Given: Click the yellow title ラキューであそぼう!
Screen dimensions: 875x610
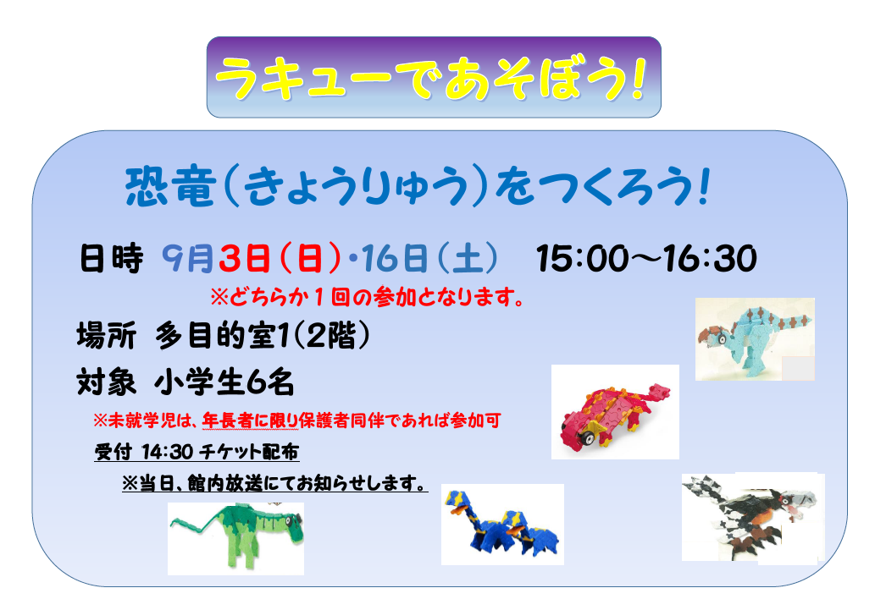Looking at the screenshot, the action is (430, 79).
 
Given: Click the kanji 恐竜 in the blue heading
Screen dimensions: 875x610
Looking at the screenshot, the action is (171, 187).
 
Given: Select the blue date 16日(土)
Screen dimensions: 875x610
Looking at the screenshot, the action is (429, 259).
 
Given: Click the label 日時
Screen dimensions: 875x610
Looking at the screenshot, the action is (112, 259).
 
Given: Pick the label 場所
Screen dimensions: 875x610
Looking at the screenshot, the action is (107, 336).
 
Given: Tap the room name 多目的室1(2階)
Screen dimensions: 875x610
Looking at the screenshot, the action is (263, 336).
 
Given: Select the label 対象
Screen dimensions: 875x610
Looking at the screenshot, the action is (107, 383).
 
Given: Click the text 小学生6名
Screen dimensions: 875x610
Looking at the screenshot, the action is (224, 383).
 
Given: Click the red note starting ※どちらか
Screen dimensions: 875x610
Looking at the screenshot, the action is (368, 297).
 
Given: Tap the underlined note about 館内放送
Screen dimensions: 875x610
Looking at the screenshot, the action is (274, 483).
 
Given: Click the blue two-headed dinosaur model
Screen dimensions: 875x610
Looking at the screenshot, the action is (501, 524).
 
